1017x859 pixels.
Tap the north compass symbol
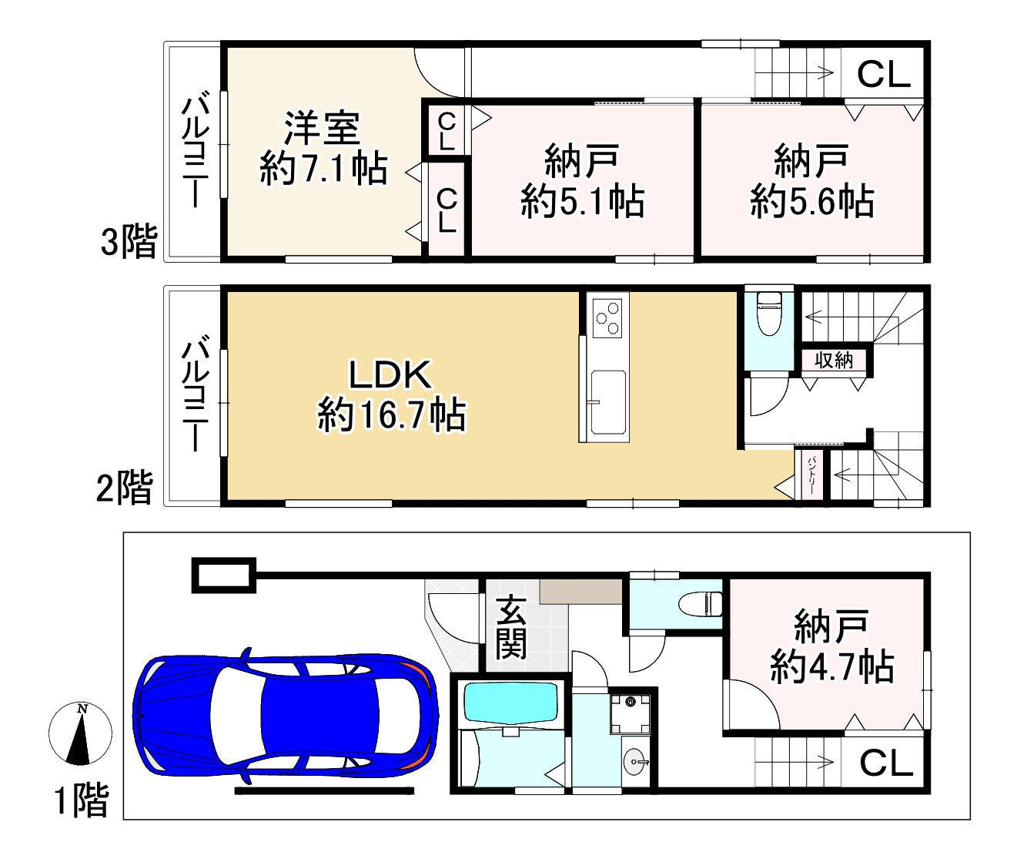coord(80,733)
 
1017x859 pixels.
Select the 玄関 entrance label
coord(511,627)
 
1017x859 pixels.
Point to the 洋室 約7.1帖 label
coord(323,149)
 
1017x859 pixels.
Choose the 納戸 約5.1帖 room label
coord(583,180)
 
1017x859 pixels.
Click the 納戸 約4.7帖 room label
coord(832,646)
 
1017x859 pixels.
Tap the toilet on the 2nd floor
coord(770,314)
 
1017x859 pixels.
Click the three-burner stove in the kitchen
coord(607,317)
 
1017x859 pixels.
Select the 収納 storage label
coord(834,361)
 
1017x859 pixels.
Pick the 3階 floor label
coord(129,241)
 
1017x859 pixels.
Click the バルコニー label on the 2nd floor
coord(196,393)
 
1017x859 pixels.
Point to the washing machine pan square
coord(631,714)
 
